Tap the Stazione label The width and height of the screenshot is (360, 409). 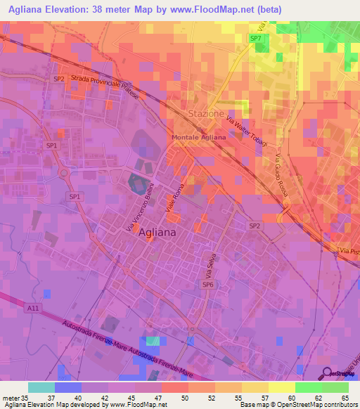tap(205, 113)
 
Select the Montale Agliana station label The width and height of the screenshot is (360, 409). tap(199, 138)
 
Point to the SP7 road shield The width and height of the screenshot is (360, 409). tap(256, 38)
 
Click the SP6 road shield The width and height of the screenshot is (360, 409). tap(207, 285)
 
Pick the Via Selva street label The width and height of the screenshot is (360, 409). tap(208, 264)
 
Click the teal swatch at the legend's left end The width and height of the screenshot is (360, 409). tap(41, 387)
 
